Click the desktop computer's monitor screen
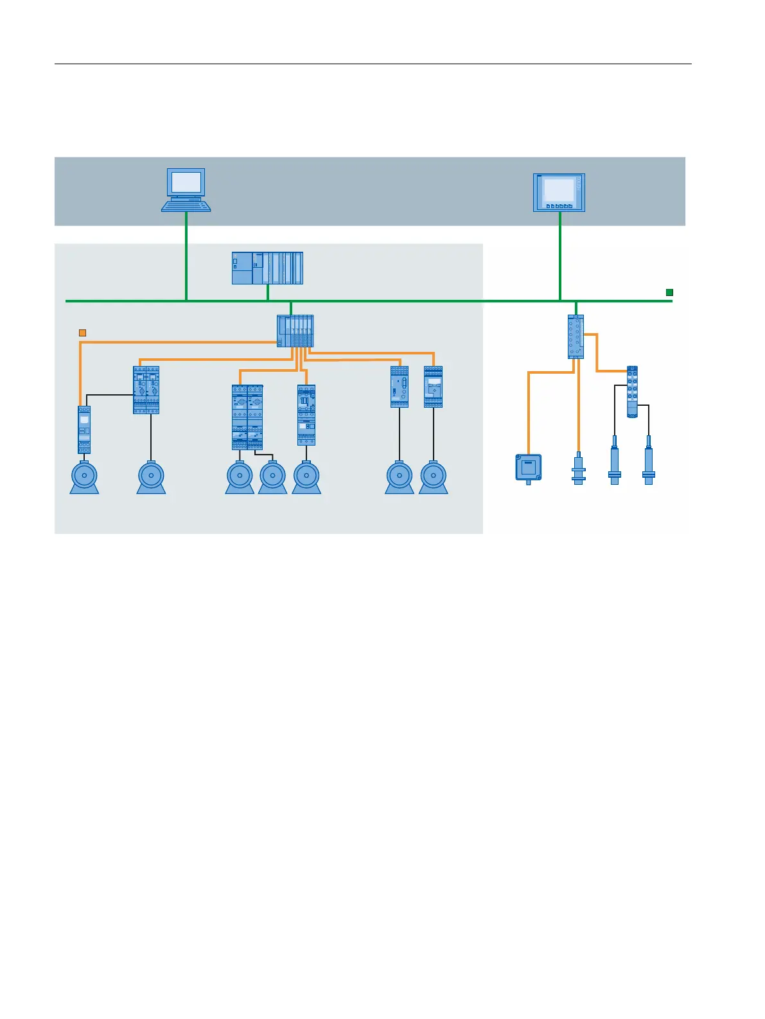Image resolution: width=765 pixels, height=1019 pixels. (x=186, y=182)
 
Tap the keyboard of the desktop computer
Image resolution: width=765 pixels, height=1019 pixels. (x=186, y=205)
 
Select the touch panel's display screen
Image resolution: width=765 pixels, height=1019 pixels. (x=559, y=190)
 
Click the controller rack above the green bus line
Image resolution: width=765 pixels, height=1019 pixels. (x=267, y=268)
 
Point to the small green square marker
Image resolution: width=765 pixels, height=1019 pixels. (x=669, y=293)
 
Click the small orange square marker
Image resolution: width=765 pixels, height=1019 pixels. (x=82, y=333)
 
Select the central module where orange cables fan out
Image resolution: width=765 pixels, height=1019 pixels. (x=295, y=331)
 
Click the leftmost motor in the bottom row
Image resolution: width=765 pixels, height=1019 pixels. (x=84, y=478)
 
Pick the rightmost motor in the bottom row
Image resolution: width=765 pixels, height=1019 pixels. (x=434, y=478)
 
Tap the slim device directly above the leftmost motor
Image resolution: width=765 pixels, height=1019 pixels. (x=84, y=430)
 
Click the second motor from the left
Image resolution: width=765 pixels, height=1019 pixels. (x=152, y=478)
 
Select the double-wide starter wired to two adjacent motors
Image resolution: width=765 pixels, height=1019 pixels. (x=247, y=417)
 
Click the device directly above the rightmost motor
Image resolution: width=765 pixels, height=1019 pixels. (x=434, y=387)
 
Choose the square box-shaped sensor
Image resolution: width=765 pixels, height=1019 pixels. (x=529, y=467)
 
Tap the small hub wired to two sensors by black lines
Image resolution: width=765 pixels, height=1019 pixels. (x=632, y=392)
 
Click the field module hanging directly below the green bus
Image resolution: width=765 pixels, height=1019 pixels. (x=576, y=336)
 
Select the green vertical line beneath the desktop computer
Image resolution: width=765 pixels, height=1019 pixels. (x=186, y=257)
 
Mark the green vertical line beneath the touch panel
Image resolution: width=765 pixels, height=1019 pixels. (x=560, y=257)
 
